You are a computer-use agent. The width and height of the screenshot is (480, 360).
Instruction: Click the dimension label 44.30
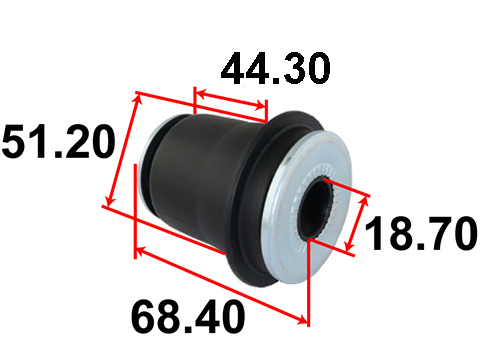point(275,68)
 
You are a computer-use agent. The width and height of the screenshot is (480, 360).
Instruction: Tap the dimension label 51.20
point(59,141)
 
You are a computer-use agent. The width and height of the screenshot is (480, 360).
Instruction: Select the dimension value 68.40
point(188,316)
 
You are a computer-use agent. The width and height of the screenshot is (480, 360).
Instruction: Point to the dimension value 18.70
point(421,233)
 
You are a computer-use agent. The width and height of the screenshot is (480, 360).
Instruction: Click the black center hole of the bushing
point(317,208)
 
